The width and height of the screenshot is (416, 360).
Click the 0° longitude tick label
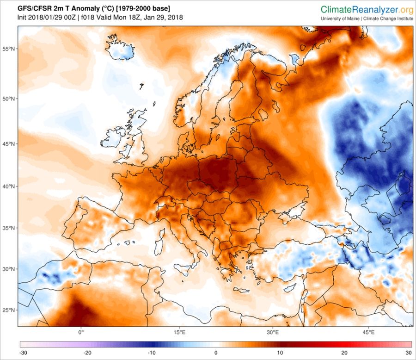click(81, 332)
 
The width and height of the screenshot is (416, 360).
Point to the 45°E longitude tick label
click(368, 332)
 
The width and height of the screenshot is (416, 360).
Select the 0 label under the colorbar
click(216, 352)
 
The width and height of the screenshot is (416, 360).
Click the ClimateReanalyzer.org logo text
click(367, 9)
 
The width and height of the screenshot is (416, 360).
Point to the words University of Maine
click(341, 19)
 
